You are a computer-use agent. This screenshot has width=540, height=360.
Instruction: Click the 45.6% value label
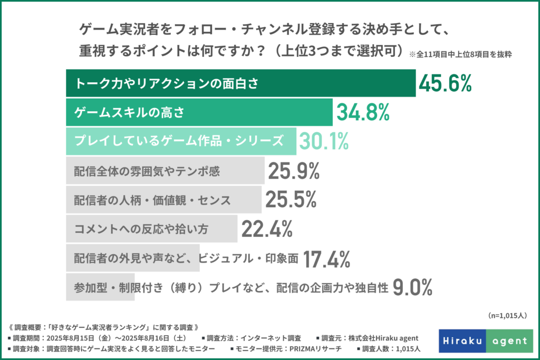point(444,83)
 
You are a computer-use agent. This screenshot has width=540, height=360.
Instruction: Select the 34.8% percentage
point(362,112)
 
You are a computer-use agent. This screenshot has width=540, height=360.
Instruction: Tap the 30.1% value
point(324,141)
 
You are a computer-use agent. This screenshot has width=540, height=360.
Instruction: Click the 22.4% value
point(267,229)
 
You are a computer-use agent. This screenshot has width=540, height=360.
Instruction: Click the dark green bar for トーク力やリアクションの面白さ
point(240,83)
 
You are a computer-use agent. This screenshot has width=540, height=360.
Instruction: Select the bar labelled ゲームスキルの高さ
point(199,112)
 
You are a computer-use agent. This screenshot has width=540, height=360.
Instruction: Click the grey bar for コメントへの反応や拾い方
point(152,229)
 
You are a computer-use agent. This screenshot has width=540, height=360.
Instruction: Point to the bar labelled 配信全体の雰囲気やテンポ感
point(165,171)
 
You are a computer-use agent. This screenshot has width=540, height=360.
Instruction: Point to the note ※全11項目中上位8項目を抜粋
point(465,54)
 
